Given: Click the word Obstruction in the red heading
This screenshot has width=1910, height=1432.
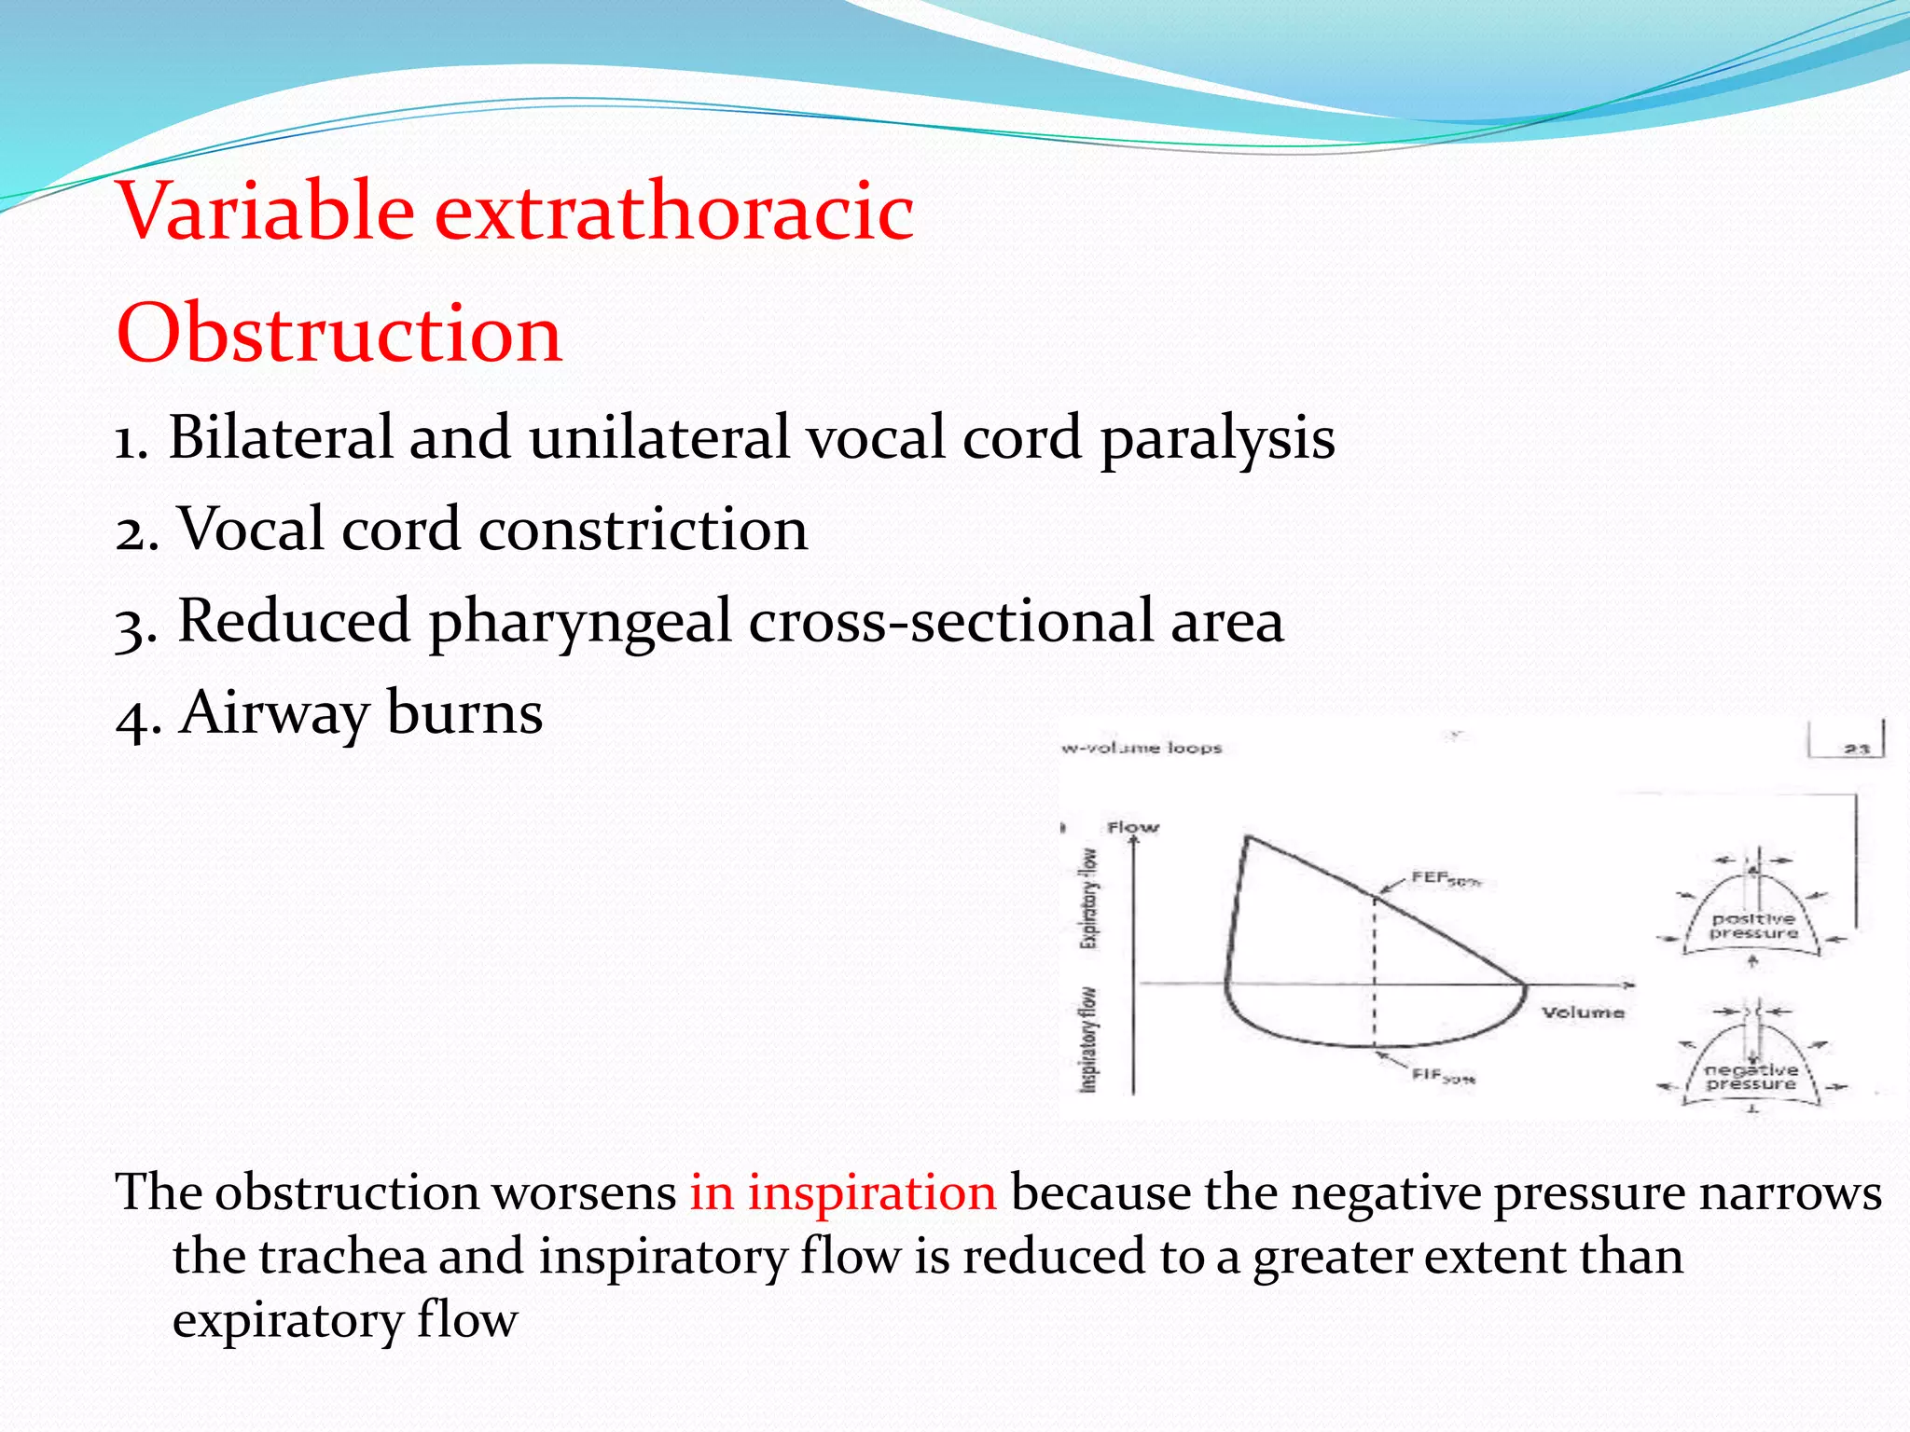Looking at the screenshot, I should (339, 333).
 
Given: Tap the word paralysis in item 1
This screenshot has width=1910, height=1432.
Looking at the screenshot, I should (1217, 438).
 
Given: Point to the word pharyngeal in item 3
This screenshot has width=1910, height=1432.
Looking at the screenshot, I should (579, 622).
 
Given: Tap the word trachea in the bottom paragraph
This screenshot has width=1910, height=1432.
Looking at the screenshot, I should (340, 1256).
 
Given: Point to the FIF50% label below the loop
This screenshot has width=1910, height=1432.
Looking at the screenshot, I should (1442, 1076).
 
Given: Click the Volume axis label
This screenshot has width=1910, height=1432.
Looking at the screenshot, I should (1582, 1012).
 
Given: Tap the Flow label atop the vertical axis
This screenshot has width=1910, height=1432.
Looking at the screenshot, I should (1132, 827).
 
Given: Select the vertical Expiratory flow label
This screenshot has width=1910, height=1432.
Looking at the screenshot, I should (1088, 898).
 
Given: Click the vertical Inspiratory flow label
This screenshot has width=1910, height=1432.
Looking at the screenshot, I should (1088, 1039).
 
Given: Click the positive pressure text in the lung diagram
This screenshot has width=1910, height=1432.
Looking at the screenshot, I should (1753, 926).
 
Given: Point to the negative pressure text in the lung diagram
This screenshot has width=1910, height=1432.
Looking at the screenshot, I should (1751, 1077).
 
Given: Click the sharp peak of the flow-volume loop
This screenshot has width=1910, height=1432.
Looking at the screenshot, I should (1248, 838).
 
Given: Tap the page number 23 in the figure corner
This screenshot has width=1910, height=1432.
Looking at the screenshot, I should (1856, 748).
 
